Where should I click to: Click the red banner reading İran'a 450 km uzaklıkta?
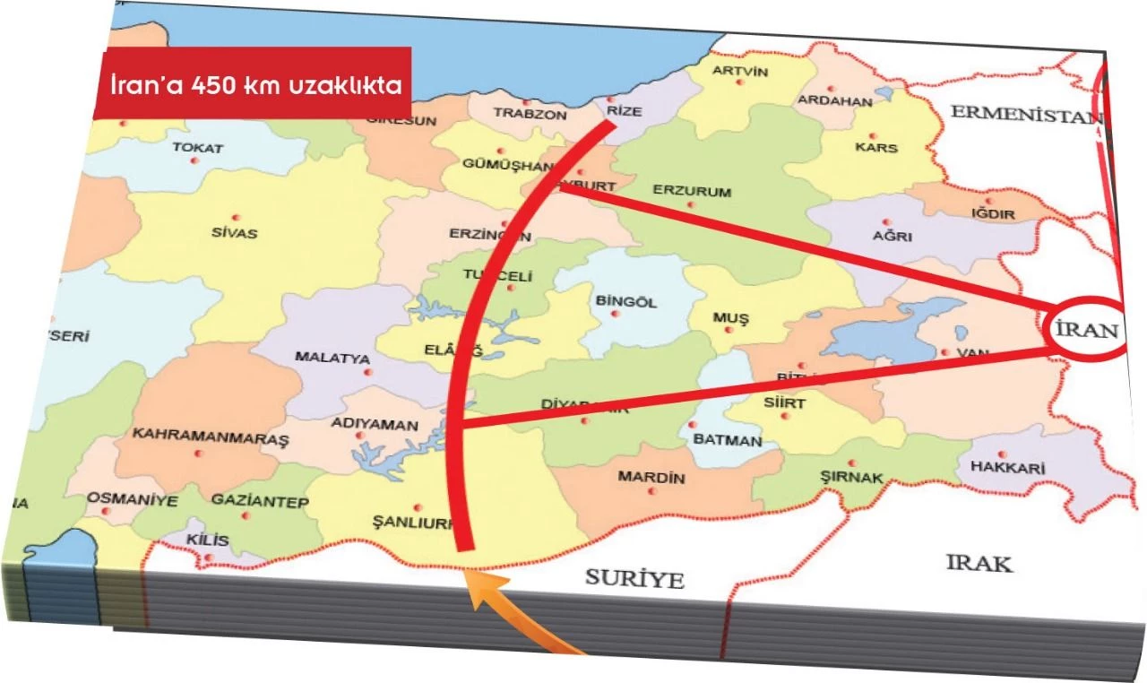253,83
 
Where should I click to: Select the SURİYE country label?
634,578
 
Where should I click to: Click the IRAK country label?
979,563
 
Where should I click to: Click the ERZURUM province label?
692,192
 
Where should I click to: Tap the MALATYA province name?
332,358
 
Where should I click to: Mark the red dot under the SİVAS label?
237,218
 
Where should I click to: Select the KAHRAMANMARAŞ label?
211,435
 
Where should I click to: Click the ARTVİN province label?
739,72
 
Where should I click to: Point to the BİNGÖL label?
625,302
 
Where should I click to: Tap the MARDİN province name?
651,478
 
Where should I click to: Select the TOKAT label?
197,148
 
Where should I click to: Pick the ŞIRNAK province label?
851,477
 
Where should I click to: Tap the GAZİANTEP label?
247,503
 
